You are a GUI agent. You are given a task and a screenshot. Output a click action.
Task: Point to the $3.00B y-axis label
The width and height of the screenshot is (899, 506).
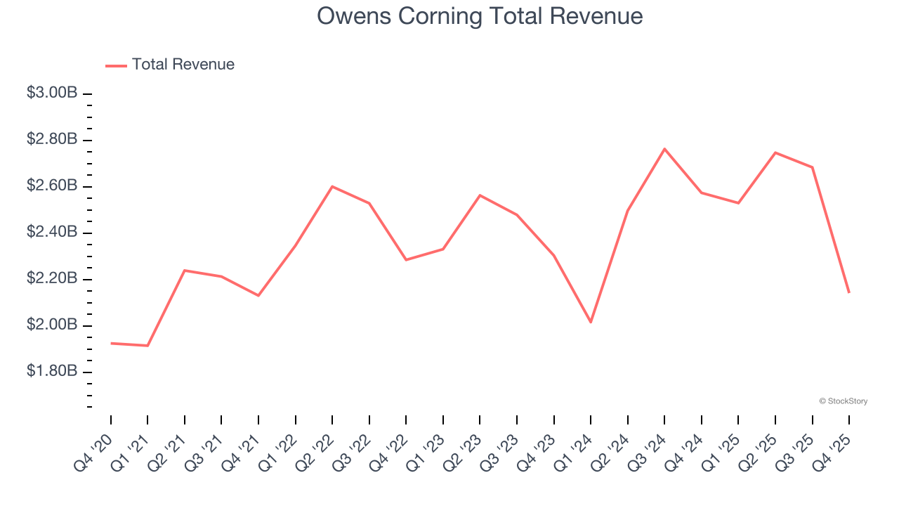coord(51,93)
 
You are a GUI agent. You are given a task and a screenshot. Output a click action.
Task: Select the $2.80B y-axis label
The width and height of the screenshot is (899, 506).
coord(51,139)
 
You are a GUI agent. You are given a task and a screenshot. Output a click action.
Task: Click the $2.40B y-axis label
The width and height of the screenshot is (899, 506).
coord(51,232)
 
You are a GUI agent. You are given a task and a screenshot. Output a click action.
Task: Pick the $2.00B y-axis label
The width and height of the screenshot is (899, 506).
coord(51,325)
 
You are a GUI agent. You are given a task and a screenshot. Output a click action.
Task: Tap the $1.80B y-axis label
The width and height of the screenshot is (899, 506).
coord(51,371)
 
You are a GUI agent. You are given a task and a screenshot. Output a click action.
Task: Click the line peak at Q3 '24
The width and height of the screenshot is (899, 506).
coord(664,149)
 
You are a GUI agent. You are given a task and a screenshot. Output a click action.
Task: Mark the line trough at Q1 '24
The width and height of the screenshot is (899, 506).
coord(591,322)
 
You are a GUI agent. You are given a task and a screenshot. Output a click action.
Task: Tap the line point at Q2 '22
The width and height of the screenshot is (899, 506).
coord(332,186)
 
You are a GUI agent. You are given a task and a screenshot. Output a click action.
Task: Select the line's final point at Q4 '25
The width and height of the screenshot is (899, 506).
coord(849,292)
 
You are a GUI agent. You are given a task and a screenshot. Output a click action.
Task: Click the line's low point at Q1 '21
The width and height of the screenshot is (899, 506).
coord(147,345)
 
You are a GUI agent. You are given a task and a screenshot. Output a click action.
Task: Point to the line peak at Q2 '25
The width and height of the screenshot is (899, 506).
coord(775,153)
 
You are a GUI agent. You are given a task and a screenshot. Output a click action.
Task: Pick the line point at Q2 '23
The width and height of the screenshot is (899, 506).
coord(480,195)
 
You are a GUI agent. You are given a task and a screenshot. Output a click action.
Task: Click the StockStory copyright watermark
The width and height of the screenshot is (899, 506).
coord(843,401)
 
